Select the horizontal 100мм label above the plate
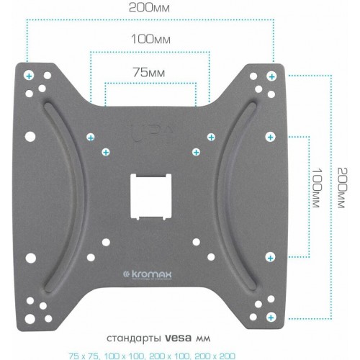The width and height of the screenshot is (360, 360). pos(150,39)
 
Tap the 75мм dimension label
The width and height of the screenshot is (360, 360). pos(150,72)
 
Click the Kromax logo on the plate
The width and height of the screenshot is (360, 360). pos(150,274)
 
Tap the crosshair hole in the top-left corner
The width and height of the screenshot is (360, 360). pos(28,75)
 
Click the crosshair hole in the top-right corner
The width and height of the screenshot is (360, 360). pos(271,75)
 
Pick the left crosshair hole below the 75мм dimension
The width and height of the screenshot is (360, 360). pos(106,151)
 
